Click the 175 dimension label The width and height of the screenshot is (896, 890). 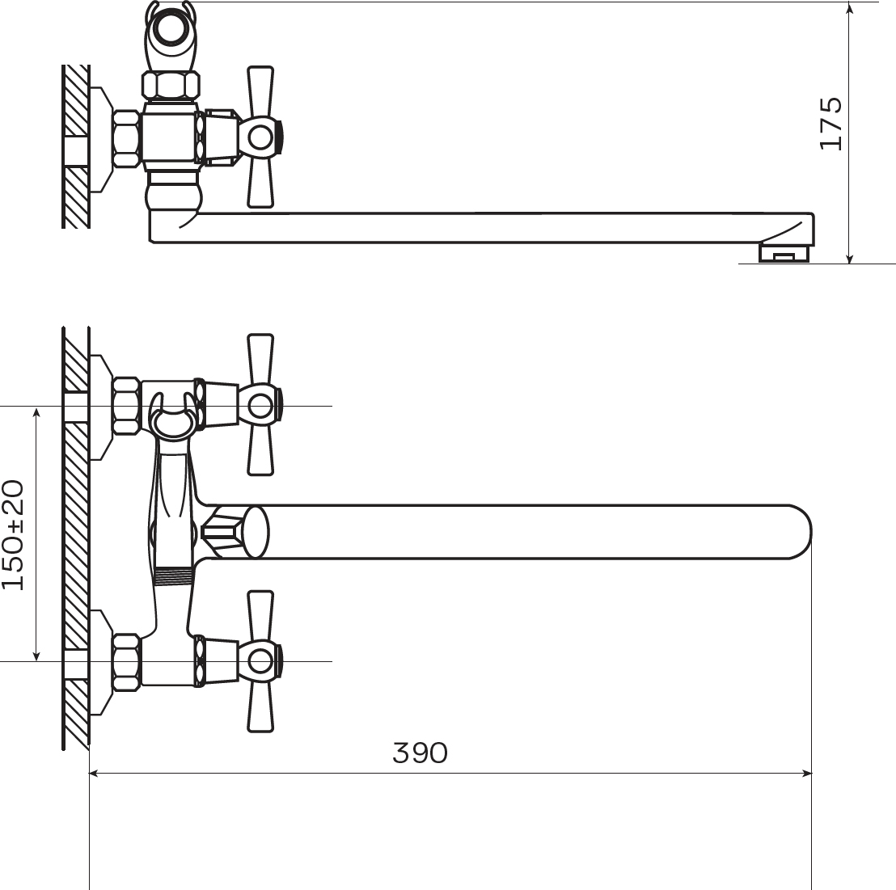click(830, 124)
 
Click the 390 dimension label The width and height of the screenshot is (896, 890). click(420, 753)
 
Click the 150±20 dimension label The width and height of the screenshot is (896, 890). click(13, 534)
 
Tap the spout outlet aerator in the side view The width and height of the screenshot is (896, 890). click(784, 253)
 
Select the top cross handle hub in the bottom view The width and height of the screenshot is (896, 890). click(260, 406)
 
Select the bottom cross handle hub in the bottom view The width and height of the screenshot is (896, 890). click(260, 661)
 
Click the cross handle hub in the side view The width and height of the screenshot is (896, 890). click(260, 137)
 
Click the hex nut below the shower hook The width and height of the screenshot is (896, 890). click(171, 85)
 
